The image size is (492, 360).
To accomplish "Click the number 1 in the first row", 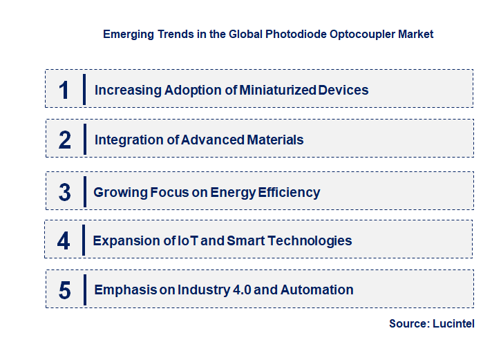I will click(64, 90).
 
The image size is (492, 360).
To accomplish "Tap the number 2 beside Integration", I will click(65, 140).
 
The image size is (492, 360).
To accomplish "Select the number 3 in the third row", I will click(65, 192).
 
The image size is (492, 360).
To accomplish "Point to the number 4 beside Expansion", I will click(64, 241).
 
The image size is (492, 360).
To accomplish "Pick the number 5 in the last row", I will click(65, 290).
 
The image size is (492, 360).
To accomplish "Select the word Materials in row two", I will click(276, 140).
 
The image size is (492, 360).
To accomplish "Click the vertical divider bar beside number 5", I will click(84, 289).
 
